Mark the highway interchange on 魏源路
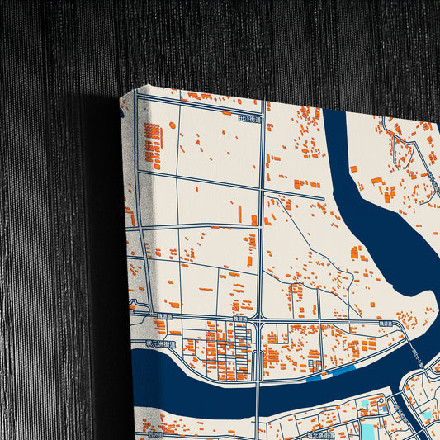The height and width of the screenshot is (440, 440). (261, 324)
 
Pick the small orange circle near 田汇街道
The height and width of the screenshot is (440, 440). (173, 125)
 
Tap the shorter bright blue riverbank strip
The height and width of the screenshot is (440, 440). (314, 379)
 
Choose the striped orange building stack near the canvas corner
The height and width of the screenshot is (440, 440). (153, 145)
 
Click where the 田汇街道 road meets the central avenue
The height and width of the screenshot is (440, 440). (263, 119)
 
